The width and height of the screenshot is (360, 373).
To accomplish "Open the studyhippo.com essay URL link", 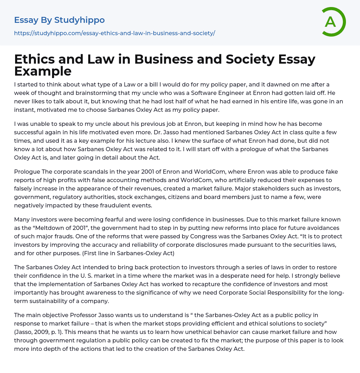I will (x=114, y=33).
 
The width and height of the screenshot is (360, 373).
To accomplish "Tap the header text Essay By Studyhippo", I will (x=59, y=20).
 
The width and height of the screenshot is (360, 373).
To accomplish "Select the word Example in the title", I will (x=43, y=71).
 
